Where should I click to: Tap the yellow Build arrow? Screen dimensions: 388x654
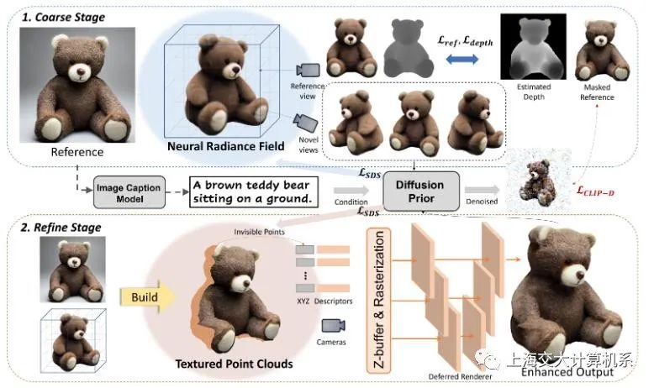150,296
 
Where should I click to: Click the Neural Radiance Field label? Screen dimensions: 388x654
214,146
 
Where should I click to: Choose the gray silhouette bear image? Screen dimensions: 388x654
408,49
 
